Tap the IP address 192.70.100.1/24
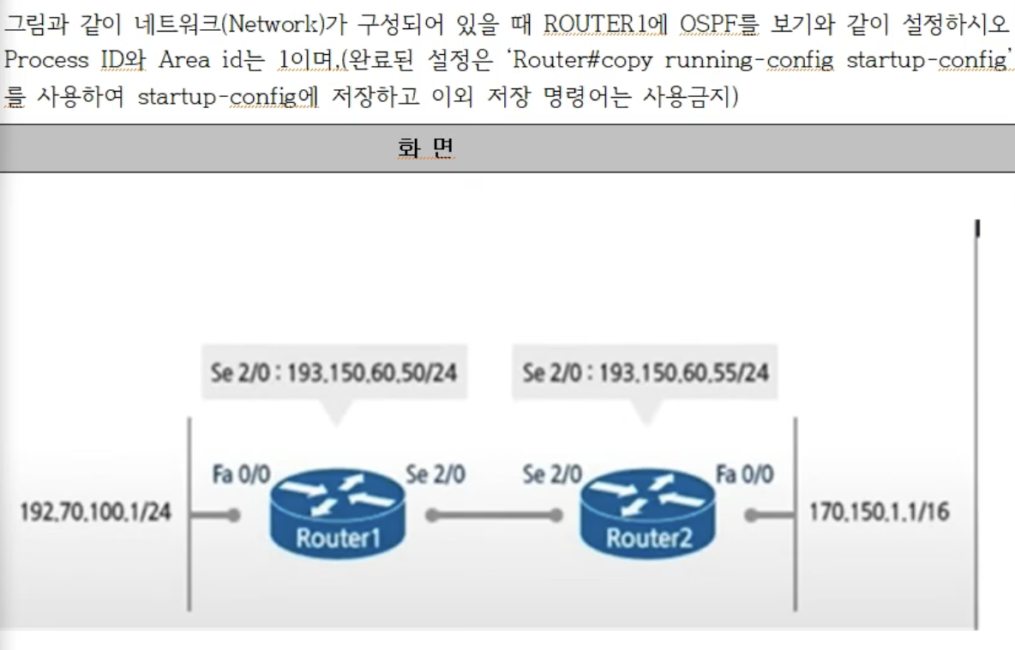(x=96, y=513)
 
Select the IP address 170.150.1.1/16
(x=879, y=513)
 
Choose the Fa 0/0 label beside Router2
(x=744, y=474)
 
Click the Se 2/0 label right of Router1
(x=435, y=474)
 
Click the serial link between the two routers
(x=494, y=515)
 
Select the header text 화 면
(x=425, y=148)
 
